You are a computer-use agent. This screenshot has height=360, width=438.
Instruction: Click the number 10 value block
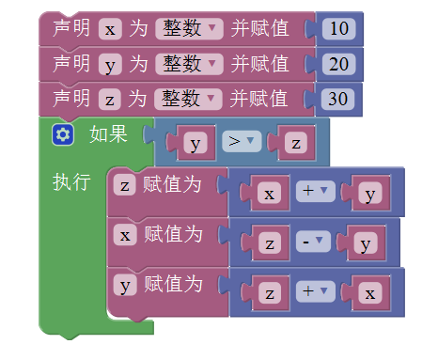click(x=338, y=29)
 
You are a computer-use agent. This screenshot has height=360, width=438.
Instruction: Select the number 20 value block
click(x=338, y=64)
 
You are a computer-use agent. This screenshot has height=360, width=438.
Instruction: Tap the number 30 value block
click(x=337, y=100)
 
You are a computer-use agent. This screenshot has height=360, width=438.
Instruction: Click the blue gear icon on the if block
click(x=63, y=134)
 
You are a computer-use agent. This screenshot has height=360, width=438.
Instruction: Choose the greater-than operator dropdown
click(x=242, y=141)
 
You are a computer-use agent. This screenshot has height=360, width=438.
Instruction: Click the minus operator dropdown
click(x=313, y=242)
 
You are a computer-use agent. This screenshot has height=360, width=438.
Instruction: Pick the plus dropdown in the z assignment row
click(x=316, y=191)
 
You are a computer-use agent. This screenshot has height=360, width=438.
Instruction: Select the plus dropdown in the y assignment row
click(x=316, y=291)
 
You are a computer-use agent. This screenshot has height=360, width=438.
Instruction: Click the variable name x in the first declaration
click(x=110, y=29)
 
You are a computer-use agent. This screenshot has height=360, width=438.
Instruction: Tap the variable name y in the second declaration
click(x=110, y=64)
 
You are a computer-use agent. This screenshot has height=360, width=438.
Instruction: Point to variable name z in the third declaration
click(x=109, y=100)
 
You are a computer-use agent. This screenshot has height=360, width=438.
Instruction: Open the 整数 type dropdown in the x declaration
click(x=189, y=29)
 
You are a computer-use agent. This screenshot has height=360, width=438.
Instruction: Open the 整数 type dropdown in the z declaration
click(x=188, y=100)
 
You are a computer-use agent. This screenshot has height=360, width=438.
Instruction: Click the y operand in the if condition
click(x=196, y=143)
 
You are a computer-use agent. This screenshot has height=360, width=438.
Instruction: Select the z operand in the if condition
click(x=296, y=143)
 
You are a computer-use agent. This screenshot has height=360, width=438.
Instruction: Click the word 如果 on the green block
click(x=108, y=134)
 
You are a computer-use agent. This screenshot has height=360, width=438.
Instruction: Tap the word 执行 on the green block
click(x=71, y=181)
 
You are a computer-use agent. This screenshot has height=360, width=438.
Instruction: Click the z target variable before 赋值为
click(x=125, y=185)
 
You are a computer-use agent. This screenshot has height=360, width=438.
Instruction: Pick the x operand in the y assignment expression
click(x=370, y=293)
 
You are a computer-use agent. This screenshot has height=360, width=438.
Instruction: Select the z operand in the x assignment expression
click(x=270, y=243)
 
